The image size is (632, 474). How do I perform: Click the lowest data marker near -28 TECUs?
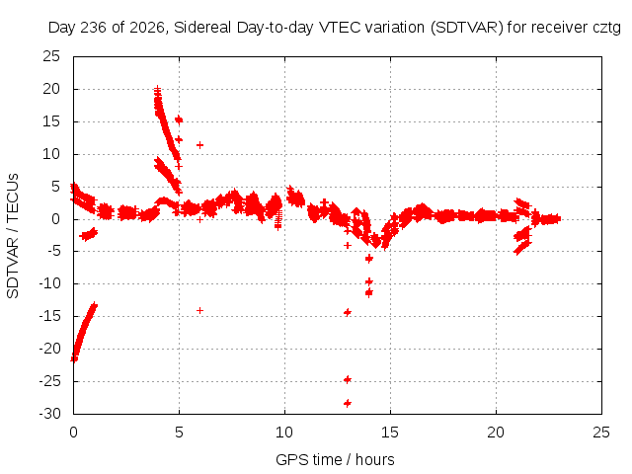[348, 403]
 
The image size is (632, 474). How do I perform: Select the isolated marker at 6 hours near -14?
[199, 310]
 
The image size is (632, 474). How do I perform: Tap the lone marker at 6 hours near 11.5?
[199, 145]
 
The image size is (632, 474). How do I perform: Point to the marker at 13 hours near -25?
[348, 379]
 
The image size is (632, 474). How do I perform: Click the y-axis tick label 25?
[51, 56]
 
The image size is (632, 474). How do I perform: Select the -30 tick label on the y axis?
[49, 414]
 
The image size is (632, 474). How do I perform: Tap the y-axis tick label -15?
[49, 316]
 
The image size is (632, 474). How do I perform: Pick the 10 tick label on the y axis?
[51, 154]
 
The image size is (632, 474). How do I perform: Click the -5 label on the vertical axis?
[52, 251]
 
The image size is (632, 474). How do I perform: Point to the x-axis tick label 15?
[390, 433]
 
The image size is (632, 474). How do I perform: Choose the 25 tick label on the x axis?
[601, 433]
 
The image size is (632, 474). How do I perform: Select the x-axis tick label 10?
[284, 433]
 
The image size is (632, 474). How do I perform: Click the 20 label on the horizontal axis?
[496, 433]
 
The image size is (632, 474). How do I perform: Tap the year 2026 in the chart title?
[147, 28]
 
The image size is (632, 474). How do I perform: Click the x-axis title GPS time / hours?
[335, 459]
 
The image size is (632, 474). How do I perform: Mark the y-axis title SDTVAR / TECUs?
[13, 236]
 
